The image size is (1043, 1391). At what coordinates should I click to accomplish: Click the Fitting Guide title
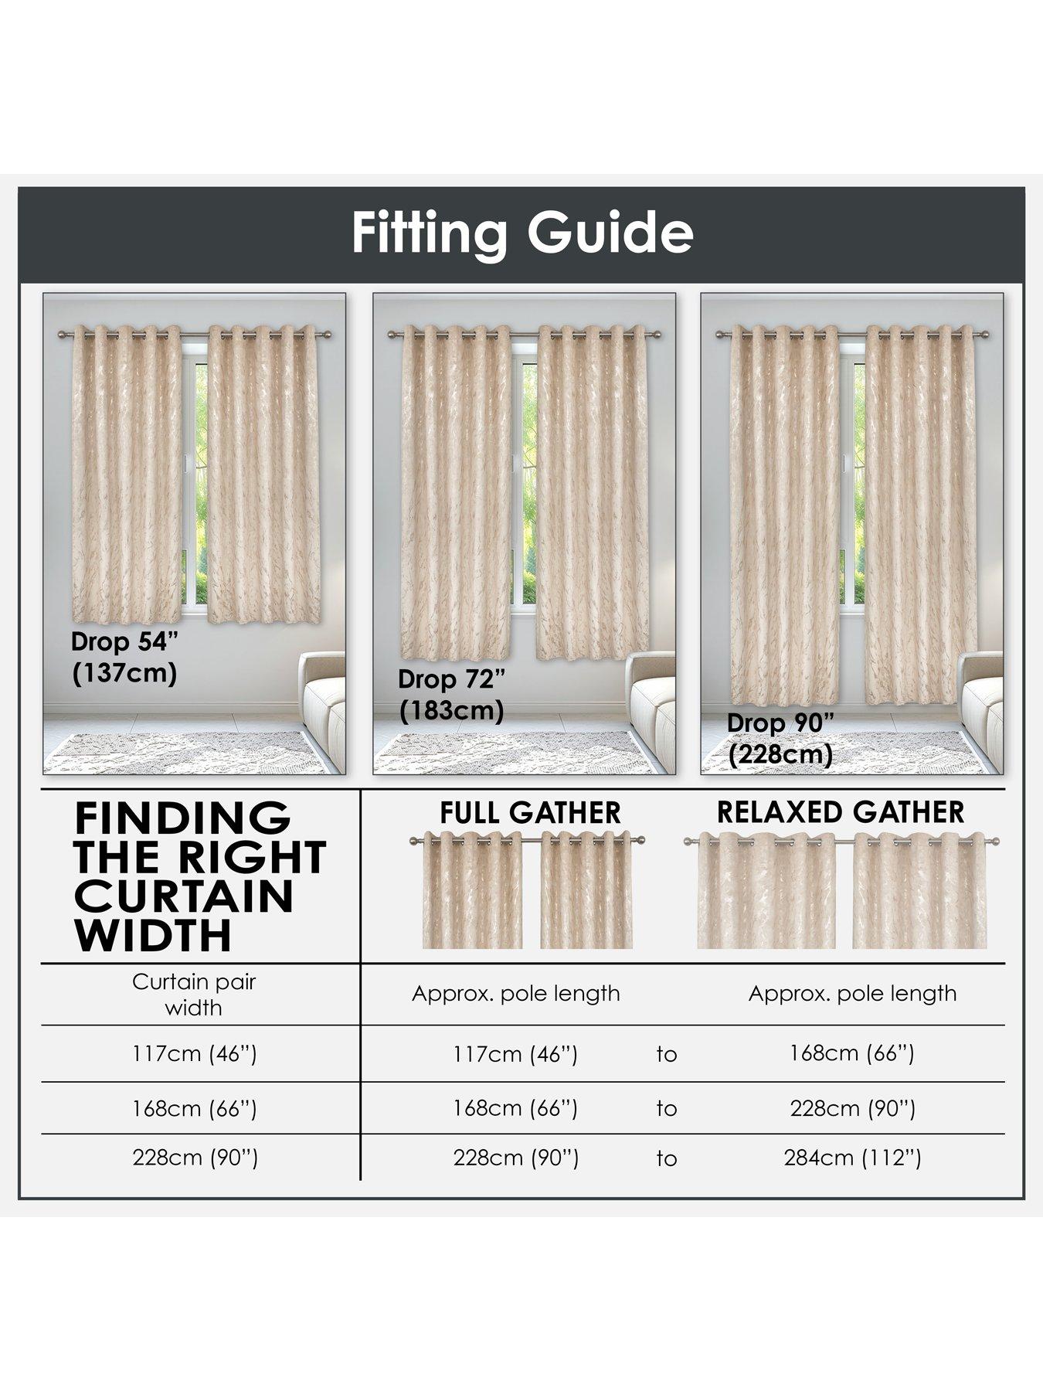[x=522, y=233]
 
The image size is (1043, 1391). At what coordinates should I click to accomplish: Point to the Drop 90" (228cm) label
[x=781, y=738]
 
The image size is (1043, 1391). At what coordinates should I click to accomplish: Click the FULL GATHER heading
[x=530, y=812]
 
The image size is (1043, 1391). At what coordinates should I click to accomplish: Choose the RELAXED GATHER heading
[x=841, y=812]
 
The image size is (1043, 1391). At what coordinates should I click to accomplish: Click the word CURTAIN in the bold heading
[x=185, y=896]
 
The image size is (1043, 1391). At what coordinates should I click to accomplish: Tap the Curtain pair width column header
[x=194, y=995]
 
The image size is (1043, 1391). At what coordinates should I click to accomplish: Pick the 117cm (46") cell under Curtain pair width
[x=194, y=1053]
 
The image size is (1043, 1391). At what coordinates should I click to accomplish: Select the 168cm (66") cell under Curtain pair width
[x=194, y=1108]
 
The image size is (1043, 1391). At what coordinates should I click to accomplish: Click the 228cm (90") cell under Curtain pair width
[x=195, y=1157]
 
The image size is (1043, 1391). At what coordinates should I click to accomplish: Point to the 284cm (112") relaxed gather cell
[x=852, y=1158]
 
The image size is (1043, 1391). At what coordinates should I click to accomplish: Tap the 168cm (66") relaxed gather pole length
[x=851, y=1053]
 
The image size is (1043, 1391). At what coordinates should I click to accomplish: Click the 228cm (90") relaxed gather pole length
[x=852, y=1108]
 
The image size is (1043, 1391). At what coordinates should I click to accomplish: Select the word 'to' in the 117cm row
[x=666, y=1054]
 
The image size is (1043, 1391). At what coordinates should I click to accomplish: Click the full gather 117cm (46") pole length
[x=515, y=1053]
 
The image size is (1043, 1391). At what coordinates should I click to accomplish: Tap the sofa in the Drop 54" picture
[x=322, y=711]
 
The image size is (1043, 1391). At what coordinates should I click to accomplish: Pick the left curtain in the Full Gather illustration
[x=472, y=893]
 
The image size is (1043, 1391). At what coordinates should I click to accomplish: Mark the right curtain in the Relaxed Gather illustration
[x=919, y=893]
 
